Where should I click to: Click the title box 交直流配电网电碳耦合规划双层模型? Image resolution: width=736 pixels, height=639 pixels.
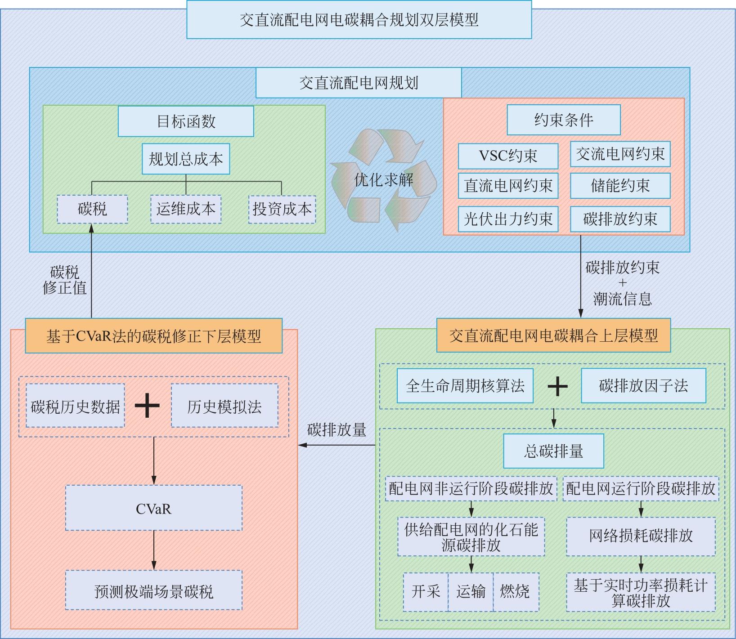[x=359, y=20]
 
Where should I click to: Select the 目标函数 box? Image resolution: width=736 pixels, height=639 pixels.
[x=186, y=121]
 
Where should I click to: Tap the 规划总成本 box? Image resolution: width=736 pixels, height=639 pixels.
[x=186, y=159]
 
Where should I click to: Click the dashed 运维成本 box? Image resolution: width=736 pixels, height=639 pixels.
[x=186, y=209]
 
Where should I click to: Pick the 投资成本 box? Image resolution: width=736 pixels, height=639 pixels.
[x=282, y=209]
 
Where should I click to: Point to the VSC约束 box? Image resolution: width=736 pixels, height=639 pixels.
[x=508, y=156]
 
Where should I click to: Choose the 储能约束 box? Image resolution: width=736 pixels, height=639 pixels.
[x=620, y=186]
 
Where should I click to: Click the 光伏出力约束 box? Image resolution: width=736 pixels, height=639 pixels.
[x=508, y=219]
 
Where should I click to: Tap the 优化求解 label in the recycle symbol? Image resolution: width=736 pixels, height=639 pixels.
[x=383, y=180]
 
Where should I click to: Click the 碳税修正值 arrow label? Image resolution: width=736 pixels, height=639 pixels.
[x=64, y=280]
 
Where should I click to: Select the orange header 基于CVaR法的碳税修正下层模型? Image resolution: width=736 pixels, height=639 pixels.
[x=153, y=336]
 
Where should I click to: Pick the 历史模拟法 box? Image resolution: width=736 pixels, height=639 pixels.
[x=224, y=407]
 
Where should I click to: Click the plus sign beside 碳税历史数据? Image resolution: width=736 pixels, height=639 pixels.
[x=147, y=406]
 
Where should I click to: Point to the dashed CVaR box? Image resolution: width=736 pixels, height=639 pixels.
[x=153, y=508]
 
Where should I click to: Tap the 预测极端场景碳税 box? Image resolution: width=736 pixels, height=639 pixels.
[x=153, y=590]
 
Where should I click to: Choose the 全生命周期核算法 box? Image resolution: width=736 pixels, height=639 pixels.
[x=465, y=386]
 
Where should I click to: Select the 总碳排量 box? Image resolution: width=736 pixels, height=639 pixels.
[x=553, y=451]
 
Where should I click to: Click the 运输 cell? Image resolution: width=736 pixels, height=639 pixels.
[x=471, y=592]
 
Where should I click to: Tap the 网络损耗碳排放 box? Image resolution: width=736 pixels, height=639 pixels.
[x=641, y=536]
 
